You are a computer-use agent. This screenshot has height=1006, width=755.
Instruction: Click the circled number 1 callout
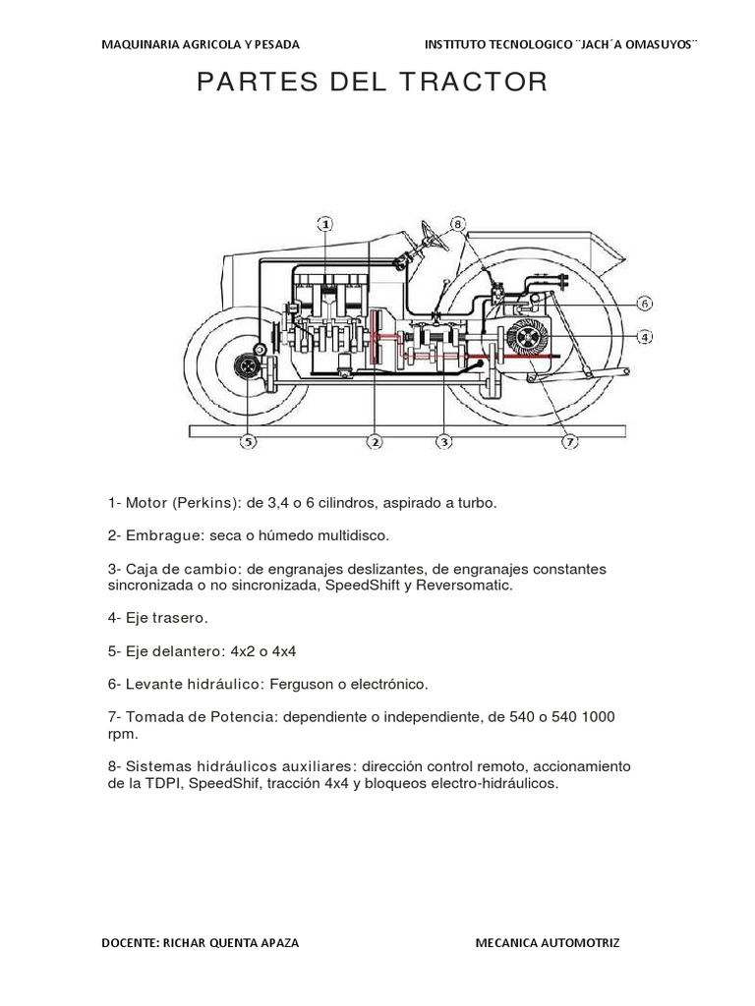click(325, 224)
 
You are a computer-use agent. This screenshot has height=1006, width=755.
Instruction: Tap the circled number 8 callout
click(458, 224)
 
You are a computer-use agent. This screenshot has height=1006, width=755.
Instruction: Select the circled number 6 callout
click(644, 304)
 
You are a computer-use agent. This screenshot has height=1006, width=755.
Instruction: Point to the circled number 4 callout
click(644, 337)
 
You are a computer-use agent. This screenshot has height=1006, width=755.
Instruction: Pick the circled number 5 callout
click(249, 442)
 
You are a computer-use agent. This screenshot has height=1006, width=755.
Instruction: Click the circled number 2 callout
click(374, 442)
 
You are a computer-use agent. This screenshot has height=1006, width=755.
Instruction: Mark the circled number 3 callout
click(445, 442)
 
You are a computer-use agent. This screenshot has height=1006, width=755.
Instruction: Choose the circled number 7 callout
click(570, 442)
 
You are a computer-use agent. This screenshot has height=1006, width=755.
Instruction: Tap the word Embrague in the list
click(155, 535)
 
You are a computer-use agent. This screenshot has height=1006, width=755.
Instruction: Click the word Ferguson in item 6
click(289, 683)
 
